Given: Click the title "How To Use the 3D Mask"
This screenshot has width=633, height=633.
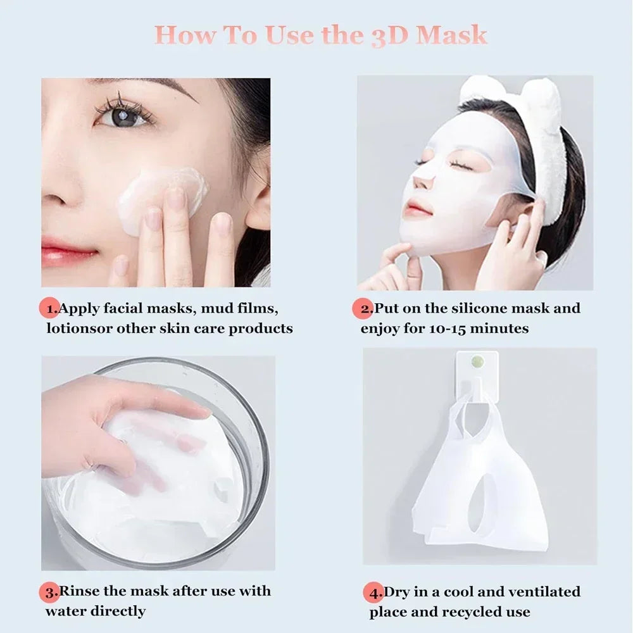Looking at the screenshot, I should point(321,35).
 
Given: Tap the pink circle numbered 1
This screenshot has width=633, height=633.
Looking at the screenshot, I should point(51,310).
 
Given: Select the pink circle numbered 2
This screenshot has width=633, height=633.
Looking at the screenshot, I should point(363,310).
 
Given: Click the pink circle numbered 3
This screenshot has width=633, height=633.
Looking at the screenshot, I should point(51,592).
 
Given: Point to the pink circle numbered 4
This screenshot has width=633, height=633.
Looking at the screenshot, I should point(375,594).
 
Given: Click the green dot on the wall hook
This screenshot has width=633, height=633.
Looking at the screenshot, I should point(478,362).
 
